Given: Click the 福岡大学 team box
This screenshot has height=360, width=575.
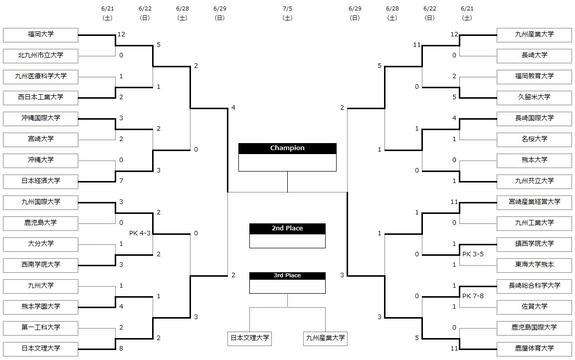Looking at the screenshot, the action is [x=41, y=35].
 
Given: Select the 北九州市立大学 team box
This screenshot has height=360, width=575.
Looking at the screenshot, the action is [x=41, y=56].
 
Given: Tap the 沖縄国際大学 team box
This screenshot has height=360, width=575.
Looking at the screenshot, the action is [x=41, y=118].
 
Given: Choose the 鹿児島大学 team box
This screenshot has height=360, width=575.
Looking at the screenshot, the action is [x=41, y=223].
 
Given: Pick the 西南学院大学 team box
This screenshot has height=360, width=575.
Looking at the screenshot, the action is [x=41, y=265].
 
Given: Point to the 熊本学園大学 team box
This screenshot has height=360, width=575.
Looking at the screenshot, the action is [x=41, y=307].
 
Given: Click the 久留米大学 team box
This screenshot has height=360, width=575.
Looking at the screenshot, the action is [x=534, y=98].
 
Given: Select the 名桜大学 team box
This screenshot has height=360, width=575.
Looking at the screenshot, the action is [x=534, y=139].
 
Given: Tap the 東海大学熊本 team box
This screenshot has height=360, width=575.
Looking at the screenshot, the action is [x=534, y=265].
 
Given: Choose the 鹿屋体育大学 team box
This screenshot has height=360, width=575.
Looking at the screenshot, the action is [x=534, y=349].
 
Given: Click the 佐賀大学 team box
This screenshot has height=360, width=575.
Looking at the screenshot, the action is [x=534, y=307].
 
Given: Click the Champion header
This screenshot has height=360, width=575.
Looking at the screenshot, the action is [x=287, y=148].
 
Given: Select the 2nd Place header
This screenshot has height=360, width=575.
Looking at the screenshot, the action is [x=287, y=228].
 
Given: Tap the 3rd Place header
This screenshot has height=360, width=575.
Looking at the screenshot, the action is [x=287, y=276].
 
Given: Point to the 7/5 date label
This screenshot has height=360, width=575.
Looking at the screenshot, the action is [x=287, y=8].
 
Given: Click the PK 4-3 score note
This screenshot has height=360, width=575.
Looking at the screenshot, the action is [x=140, y=233].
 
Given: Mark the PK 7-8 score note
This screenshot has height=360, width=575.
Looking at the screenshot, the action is [x=473, y=296].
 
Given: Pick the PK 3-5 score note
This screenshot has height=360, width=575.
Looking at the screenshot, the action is [x=473, y=254].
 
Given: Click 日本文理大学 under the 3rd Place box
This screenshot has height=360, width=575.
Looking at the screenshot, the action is [x=250, y=338].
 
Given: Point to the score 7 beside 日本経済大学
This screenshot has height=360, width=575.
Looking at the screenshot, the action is [x=121, y=180].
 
